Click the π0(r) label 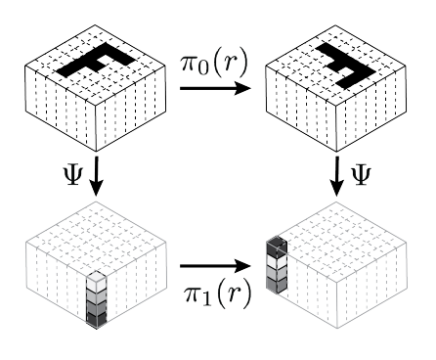click(214, 64)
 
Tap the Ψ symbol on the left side click(72, 175)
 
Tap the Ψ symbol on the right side click(361, 175)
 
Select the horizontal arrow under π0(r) click(215, 88)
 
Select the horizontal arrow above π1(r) click(215, 266)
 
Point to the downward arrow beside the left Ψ click(96, 176)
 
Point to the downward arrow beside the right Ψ click(336, 176)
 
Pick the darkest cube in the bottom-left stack click(97, 319)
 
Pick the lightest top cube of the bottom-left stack click(97, 281)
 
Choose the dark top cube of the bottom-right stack click(277, 247)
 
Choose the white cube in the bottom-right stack click(277, 261)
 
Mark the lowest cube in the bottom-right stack click(277, 285)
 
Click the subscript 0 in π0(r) click(202, 68)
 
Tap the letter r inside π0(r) click(228, 63)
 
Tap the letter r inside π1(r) click(232, 292)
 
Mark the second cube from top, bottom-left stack click(97, 295)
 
